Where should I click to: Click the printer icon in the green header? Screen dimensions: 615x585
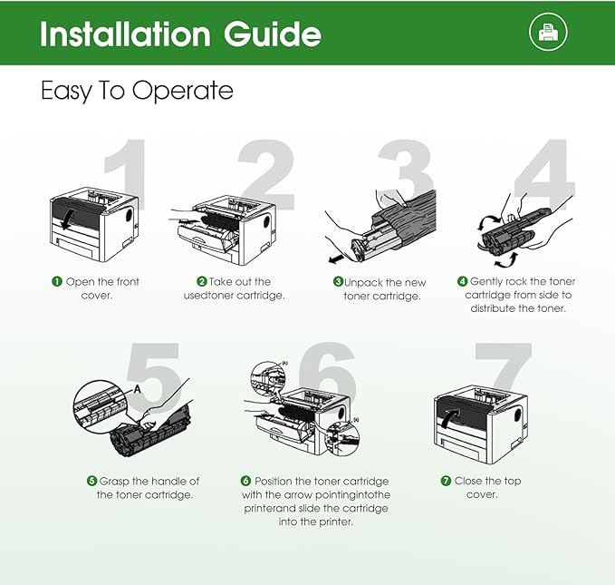(x=548, y=32)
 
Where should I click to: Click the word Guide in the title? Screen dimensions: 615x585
(x=273, y=34)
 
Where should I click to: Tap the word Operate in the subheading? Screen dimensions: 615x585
(x=182, y=91)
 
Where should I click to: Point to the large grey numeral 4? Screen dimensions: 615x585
(x=544, y=174)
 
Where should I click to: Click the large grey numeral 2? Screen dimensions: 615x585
(x=266, y=175)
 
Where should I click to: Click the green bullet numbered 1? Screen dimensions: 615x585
(x=57, y=282)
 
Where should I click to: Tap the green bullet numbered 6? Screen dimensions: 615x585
(x=245, y=481)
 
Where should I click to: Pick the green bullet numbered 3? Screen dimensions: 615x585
(x=338, y=282)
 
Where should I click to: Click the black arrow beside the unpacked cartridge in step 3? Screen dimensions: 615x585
(x=336, y=259)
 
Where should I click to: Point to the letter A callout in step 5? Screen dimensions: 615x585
(x=138, y=389)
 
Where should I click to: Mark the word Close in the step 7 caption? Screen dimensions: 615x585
(x=468, y=481)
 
